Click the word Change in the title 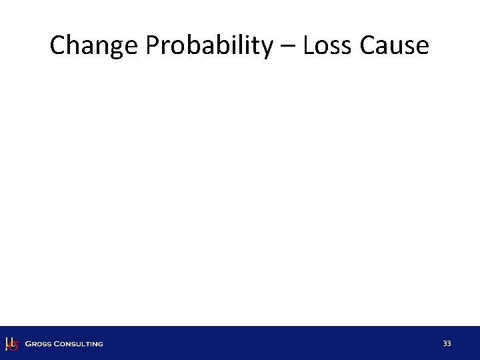(x=89, y=45)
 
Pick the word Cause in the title (x=396, y=45)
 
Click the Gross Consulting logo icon (x=11, y=343)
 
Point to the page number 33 (x=447, y=343)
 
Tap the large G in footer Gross (x=28, y=344)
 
